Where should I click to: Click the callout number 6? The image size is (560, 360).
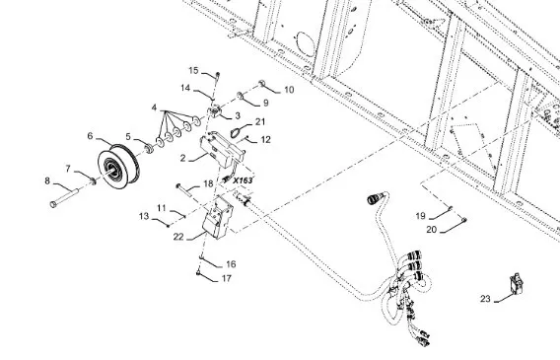click(90, 136)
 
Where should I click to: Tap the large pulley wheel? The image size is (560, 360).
click(118, 167)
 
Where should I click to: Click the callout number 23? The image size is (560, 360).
click(485, 299)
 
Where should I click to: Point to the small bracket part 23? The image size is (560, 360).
click(517, 284)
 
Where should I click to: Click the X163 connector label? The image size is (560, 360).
click(243, 180)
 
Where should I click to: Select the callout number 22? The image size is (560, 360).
click(178, 237)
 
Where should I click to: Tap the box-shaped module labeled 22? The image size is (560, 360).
click(217, 217)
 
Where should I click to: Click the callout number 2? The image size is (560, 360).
click(182, 158)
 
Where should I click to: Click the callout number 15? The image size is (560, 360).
click(193, 70)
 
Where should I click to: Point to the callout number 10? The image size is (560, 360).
click(289, 90)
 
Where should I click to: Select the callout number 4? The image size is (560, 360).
click(154, 108)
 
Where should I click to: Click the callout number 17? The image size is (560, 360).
click(227, 278)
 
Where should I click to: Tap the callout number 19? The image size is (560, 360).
click(421, 216)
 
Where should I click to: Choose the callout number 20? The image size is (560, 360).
click(432, 229)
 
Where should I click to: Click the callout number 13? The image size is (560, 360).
click(144, 216)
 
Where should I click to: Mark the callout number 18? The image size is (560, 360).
click(208, 183)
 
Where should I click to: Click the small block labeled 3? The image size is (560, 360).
click(215, 111)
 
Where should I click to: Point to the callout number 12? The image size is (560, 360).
click(266, 140)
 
